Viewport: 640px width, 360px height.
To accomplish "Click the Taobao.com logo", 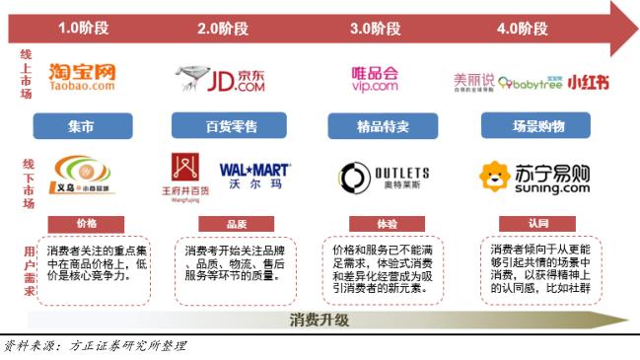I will [82, 77].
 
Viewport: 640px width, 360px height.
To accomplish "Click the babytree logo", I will [532, 80].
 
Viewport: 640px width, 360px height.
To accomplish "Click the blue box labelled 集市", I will [83, 125].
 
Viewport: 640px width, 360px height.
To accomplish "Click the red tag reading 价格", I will [86, 223].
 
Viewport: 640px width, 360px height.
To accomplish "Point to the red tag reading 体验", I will [385, 223].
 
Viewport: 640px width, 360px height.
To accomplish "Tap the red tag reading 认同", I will [537, 223].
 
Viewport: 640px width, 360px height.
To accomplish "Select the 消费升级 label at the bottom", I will [320, 321].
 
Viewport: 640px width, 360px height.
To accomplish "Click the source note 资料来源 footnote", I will [93, 346].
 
